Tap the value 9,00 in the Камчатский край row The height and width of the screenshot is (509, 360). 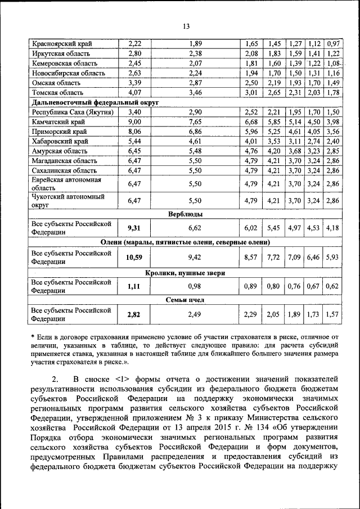[134, 122]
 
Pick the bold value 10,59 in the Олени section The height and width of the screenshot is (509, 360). [134, 258]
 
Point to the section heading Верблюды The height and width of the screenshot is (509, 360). [186, 214]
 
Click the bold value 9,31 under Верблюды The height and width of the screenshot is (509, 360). [134, 227]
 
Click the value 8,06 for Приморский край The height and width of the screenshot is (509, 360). [134, 132]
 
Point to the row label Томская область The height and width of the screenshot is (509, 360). [57, 92]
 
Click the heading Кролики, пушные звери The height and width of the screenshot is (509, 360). [186, 272]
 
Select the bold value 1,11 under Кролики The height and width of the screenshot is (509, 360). [134, 286]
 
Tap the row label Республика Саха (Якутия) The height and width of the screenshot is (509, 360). [73, 112]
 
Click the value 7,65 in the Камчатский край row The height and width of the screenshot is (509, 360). [195, 122]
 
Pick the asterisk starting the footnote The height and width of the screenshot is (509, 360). [33, 336]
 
